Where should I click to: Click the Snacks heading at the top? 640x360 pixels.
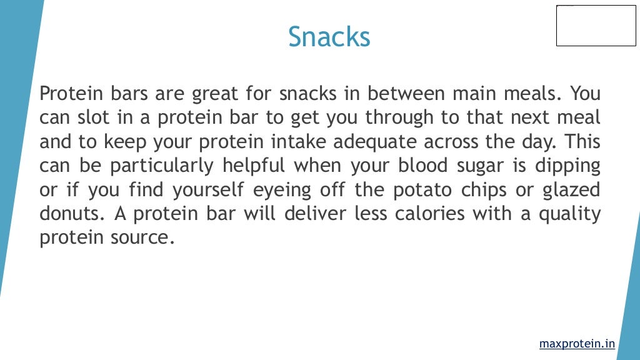click(329, 37)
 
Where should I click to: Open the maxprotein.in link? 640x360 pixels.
click(576, 344)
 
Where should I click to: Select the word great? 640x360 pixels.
click(214, 94)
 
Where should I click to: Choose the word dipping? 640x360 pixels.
click(567, 166)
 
